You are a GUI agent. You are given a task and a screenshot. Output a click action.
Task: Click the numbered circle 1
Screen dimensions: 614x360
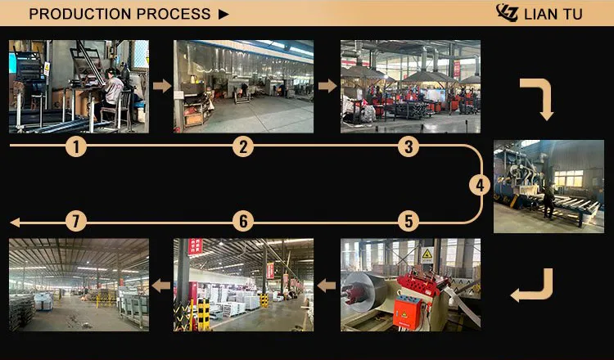(76, 146)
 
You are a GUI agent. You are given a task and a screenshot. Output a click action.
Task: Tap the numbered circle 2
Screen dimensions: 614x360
(243, 146)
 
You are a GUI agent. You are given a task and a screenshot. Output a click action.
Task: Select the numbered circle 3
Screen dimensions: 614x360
(409, 146)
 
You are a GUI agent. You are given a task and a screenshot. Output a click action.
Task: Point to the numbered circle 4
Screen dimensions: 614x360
(480, 185)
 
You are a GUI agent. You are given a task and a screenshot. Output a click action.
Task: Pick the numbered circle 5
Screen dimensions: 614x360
(409, 222)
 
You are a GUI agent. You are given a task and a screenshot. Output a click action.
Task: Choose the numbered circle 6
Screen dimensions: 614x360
(243, 222)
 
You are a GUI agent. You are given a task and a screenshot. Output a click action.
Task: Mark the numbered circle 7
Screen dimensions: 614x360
(76, 222)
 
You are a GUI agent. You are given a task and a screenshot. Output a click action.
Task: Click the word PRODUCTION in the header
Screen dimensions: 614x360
(80, 14)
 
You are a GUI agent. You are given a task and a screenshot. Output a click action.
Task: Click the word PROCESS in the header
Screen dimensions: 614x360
(174, 14)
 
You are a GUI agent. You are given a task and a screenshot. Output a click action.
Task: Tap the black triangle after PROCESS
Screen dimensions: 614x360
(223, 15)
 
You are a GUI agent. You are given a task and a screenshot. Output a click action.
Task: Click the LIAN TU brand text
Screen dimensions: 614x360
(553, 15)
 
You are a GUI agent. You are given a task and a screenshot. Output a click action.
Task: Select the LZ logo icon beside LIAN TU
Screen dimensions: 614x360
(507, 13)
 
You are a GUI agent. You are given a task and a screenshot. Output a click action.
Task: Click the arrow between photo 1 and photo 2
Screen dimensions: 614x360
(162, 86)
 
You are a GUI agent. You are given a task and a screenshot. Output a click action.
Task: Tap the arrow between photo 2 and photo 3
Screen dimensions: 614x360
(327, 86)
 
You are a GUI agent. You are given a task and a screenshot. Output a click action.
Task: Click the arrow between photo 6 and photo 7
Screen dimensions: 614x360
(161, 286)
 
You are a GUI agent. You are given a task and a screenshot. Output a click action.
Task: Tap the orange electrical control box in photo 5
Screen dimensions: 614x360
(407, 313)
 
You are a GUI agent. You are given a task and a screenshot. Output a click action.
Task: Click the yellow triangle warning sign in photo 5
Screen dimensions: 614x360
(427, 254)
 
